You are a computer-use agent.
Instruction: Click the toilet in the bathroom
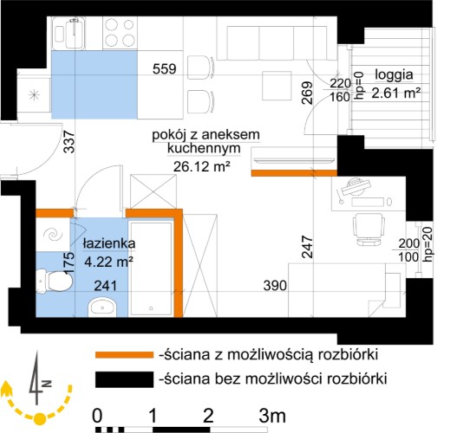(55, 281)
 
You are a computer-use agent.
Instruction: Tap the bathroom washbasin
(102, 307)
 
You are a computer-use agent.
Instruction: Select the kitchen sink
(69, 34)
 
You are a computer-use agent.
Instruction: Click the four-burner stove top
(120, 33)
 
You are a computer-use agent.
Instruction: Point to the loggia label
(394, 75)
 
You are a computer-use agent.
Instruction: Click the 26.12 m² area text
(202, 166)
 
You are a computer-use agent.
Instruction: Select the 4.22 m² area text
(108, 262)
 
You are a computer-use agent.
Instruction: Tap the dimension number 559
(165, 69)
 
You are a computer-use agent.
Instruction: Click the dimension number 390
(275, 286)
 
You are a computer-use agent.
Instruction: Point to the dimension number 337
(69, 142)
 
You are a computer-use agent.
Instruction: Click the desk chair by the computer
(368, 229)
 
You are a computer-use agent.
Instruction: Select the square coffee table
(277, 86)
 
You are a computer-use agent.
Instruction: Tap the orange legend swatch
(124, 355)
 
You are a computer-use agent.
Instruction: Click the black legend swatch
(124, 379)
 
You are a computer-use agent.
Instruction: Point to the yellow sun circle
(40, 418)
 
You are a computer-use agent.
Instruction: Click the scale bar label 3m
(272, 416)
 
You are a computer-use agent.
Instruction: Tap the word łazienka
(109, 244)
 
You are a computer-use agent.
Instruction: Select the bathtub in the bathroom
(151, 268)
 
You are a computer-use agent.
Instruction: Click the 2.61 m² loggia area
(395, 94)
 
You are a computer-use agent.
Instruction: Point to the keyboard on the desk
(368, 202)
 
